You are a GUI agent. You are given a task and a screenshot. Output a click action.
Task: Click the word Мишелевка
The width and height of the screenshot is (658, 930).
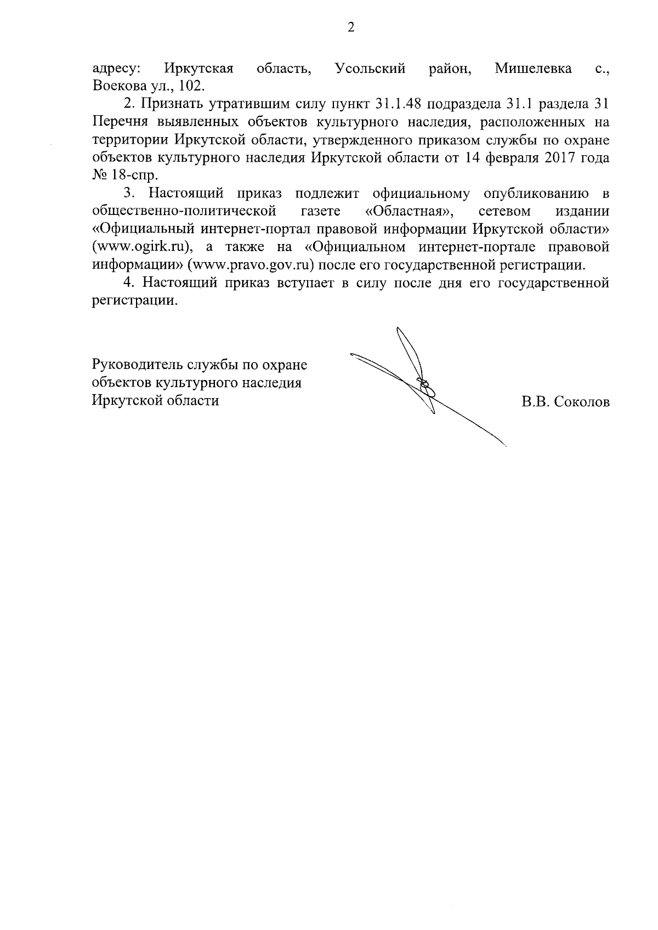point(533,69)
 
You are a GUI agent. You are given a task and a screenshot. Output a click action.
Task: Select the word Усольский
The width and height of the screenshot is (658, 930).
point(370,69)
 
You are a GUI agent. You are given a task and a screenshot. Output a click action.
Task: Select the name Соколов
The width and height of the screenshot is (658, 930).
point(582,402)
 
